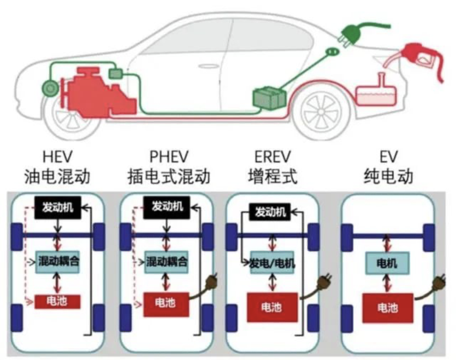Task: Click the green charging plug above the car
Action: click(353, 33)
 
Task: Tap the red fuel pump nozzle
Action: click(419, 58)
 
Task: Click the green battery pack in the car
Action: click(269, 98)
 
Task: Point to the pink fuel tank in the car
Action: click(377, 93)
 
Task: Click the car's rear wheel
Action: click(322, 112)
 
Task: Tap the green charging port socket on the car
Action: click(332, 52)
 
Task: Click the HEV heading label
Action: click(57, 157)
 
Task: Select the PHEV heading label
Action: click(169, 157)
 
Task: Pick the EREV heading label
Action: click(272, 157)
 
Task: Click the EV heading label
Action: click(389, 157)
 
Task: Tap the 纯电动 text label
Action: click(389, 176)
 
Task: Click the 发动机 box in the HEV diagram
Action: click(58, 207)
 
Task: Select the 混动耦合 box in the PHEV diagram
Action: click(167, 261)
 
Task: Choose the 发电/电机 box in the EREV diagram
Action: click(272, 263)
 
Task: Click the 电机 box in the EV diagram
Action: click(387, 263)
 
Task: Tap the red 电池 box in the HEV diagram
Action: click(57, 302)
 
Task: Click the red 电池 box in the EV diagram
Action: click(388, 308)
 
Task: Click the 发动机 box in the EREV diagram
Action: click(270, 212)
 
